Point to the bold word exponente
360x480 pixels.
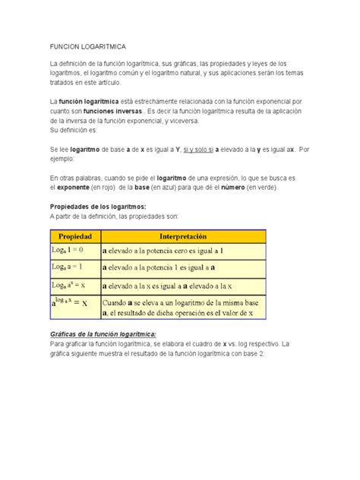coord(69,187)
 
